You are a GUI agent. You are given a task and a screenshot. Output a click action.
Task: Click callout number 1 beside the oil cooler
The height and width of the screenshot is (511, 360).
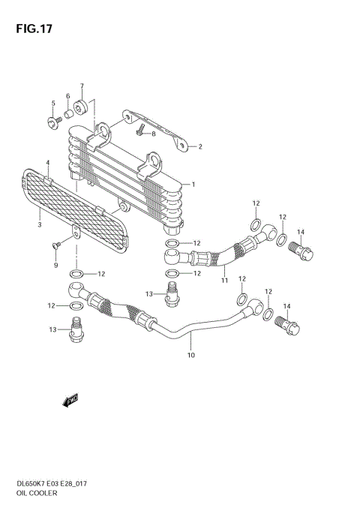click(193, 184)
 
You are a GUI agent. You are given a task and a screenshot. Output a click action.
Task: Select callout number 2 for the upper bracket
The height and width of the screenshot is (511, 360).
click(200, 146)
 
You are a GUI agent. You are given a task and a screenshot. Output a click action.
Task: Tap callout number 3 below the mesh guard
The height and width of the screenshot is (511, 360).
click(47, 163)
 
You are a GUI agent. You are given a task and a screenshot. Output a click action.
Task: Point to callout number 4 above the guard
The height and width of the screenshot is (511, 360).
click(53, 104)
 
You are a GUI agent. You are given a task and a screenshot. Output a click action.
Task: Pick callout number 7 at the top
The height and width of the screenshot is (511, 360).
click(82, 86)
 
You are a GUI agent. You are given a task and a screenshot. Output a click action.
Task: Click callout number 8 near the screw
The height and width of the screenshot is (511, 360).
click(153, 134)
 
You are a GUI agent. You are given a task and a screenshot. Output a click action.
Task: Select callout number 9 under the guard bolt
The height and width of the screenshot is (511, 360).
click(55, 265)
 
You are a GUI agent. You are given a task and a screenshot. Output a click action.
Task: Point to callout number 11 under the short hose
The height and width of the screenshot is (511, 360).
click(223, 281)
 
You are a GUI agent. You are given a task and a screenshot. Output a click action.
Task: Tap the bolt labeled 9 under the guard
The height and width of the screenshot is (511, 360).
click(55, 245)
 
